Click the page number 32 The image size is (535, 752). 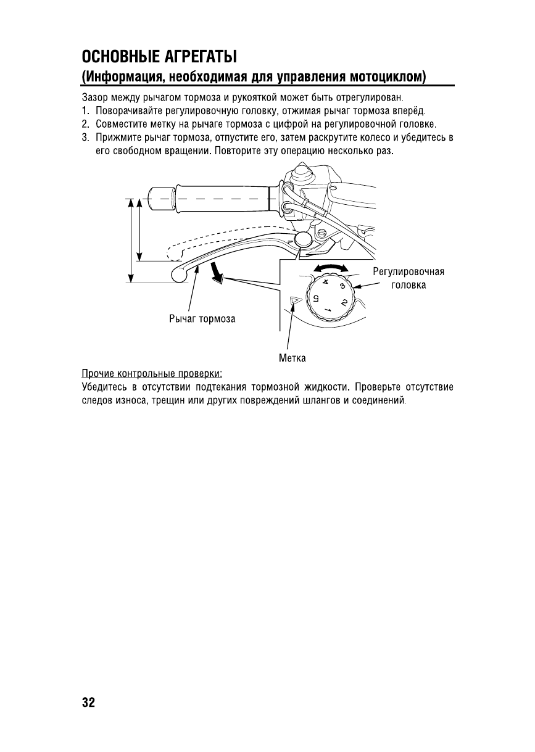point(88,702)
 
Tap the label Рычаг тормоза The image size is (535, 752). point(202,319)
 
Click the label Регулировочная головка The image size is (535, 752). point(408,278)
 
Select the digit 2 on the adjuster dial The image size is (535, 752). point(343,303)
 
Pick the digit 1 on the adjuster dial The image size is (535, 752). point(328,308)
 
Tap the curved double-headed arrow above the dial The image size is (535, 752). point(331,268)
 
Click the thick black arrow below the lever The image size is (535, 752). point(216,272)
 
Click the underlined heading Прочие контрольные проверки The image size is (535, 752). point(152,374)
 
